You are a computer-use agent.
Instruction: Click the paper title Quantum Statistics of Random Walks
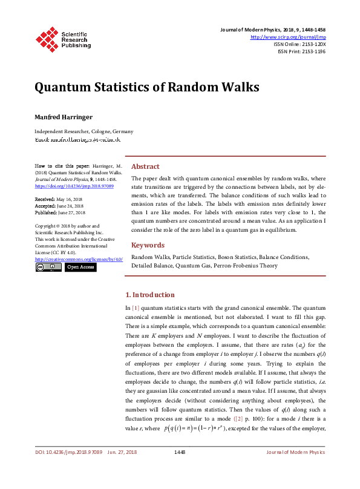(146, 87)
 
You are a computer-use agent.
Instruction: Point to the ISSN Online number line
(299, 45)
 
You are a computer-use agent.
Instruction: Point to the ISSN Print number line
(301, 52)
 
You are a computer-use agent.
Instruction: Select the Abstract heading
(145, 166)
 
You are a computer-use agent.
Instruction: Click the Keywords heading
(148, 245)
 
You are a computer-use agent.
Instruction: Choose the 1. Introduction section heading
(149, 295)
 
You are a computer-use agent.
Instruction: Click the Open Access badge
(80, 267)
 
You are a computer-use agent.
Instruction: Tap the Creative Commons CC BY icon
(48, 267)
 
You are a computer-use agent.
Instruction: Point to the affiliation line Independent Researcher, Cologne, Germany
(83, 131)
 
